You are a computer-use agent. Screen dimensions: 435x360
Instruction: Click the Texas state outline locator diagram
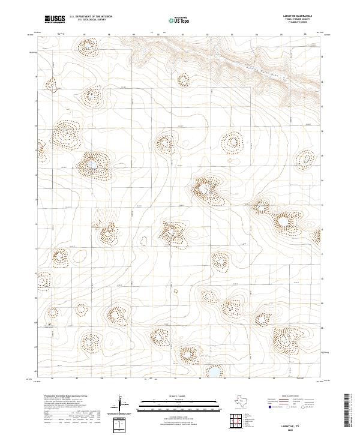(x=244, y=401)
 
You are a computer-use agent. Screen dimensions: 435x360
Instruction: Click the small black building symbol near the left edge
(x=49, y=325)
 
